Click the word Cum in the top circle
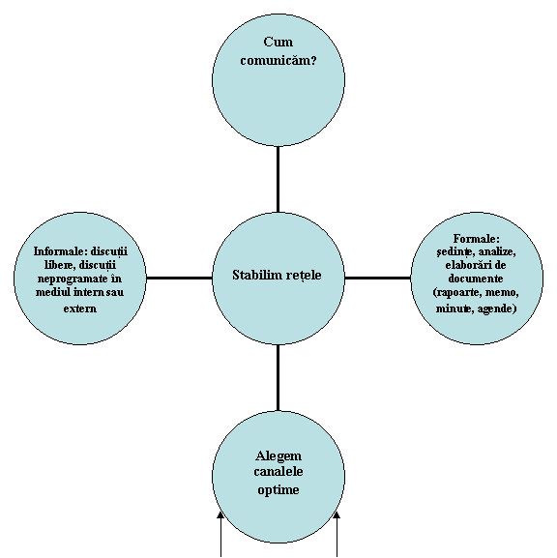(278, 42)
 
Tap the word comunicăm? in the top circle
(278, 60)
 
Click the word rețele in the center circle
(306, 276)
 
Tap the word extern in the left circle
(80, 308)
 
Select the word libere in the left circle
(60, 266)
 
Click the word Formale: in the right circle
(476, 238)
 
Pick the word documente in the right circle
(476, 279)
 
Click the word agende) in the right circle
(497, 308)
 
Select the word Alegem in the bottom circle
(278, 455)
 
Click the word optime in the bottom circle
(278, 490)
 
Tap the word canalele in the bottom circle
(278, 472)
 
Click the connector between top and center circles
(278, 179)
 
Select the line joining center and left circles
(179, 278)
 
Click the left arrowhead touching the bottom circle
(220, 514)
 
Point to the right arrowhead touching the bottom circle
(337, 514)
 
